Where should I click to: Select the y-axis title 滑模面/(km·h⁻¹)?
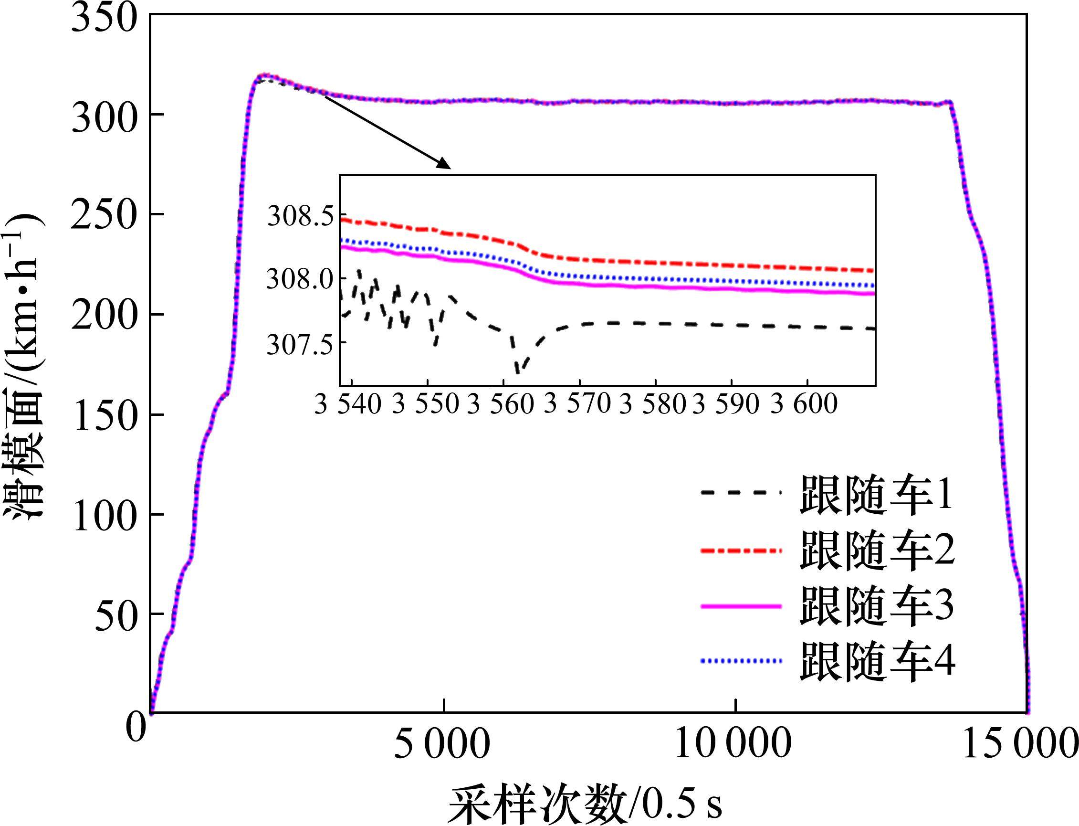pos(24,364)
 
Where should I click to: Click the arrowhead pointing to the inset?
pos(444,164)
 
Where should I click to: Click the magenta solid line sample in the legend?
pos(741,607)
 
